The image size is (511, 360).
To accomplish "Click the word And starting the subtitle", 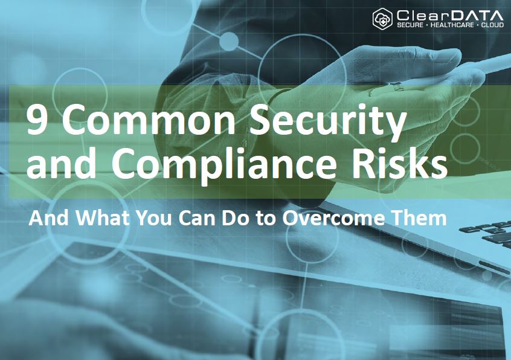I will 45,218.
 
